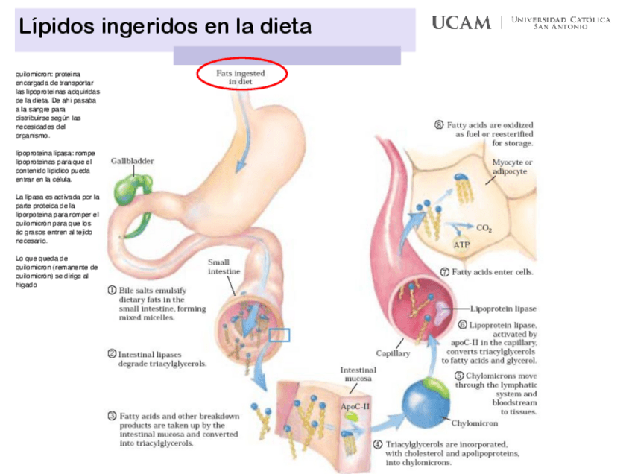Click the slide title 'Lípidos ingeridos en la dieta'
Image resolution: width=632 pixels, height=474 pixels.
(x=165, y=28)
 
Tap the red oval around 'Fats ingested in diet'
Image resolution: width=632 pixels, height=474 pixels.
(x=242, y=75)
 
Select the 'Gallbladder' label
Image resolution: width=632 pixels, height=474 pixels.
(x=133, y=160)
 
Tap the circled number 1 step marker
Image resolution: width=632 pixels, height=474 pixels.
(x=111, y=290)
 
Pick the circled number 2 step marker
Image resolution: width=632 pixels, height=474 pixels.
(x=111, y=355)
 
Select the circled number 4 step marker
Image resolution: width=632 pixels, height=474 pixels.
(x=378, y=444)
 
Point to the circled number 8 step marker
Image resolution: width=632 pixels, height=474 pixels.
(x=440, y=124)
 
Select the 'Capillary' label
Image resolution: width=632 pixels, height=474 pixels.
(x=393, y=353)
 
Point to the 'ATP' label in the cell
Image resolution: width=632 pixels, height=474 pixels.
(x=461, y=244)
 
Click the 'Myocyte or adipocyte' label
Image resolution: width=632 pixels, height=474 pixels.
(x=513, y=166)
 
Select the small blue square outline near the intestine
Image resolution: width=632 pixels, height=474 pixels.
(x=279, y=335)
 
